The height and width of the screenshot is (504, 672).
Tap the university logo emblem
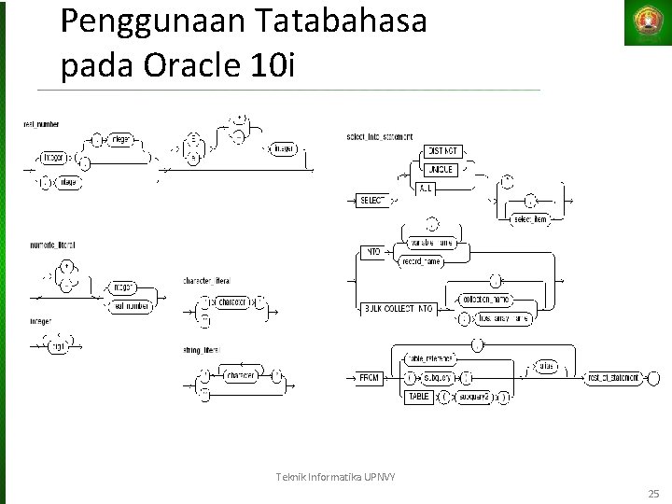(648, 21)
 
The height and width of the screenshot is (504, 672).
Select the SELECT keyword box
(372, 201)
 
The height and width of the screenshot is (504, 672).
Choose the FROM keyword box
(371, 378)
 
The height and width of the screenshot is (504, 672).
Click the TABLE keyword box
(418, 396)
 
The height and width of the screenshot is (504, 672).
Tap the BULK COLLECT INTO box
(399, 308)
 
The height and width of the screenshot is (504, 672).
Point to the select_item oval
(528, 218)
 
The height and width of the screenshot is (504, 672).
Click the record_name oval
(421, 262)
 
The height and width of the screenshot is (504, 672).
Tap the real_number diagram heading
(43, 122)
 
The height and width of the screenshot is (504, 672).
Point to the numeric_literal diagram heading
(51, 244)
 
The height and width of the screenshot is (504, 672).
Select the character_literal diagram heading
(209, 280)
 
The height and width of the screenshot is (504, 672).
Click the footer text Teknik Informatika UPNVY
(336, 478)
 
